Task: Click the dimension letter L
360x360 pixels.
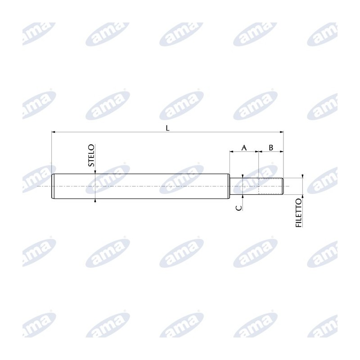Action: [167, 128]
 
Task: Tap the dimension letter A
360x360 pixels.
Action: [244, 148]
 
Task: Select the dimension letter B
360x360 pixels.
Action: [271, 148]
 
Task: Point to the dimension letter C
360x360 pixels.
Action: [239, 208]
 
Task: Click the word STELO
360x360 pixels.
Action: [91, 155]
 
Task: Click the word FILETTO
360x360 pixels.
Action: [298, 213]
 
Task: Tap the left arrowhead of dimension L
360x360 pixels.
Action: [54, 132]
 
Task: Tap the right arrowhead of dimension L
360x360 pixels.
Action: [282, 132]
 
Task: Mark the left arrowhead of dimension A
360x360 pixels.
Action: [232, 152]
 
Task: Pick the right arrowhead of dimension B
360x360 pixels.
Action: [282, 152]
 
